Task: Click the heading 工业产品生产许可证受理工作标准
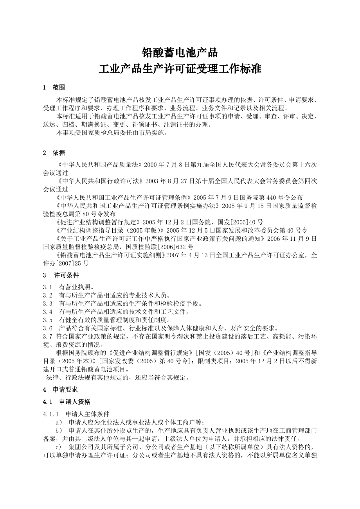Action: tap(180, 70)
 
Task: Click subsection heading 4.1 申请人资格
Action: tap(67, 401)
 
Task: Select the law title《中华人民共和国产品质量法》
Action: tap(100, 165)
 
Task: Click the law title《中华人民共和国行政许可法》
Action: tap(100, 181)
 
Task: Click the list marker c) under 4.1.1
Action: tap(59, 447)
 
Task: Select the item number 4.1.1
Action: tap(51, 414)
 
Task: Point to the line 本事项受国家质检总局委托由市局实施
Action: tap(112, 133)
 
